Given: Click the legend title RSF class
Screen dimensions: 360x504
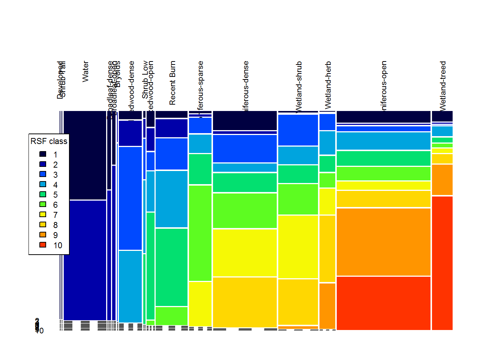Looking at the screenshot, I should (49, 141).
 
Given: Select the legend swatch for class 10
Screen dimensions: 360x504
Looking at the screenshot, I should (43, 245).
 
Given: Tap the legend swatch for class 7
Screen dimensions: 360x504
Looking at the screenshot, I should (43, 214).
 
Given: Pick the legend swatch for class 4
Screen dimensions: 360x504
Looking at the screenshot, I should (43, 184).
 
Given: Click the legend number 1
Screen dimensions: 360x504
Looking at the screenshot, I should (55, 154).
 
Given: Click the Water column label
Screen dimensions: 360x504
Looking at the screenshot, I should (85, 72).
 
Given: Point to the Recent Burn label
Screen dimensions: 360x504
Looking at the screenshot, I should (172, 83).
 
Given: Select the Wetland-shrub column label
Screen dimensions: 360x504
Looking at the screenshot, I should (299, 87).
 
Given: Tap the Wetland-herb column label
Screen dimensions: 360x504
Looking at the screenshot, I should (328, 85).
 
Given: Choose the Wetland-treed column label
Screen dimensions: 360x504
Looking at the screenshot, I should (443, 86).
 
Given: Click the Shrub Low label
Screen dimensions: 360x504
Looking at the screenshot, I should (145, 80).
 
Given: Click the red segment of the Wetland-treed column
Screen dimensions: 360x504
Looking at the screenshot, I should (442, 262).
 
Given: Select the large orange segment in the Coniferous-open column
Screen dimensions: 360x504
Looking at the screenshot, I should (383, 242).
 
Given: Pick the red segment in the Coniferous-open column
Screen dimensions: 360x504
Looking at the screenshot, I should (383, 303).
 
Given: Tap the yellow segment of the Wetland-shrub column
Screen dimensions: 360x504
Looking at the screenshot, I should (298, 247).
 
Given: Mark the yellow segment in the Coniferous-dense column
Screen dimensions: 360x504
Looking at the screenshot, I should (244, 253).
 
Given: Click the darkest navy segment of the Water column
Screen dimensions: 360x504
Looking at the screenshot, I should (85, 155).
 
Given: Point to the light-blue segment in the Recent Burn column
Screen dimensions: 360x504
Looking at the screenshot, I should (171, 199).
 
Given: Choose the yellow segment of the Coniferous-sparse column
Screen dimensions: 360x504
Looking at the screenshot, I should (200, 303).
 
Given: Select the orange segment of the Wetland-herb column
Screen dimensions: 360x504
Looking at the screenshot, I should (327, 306).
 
